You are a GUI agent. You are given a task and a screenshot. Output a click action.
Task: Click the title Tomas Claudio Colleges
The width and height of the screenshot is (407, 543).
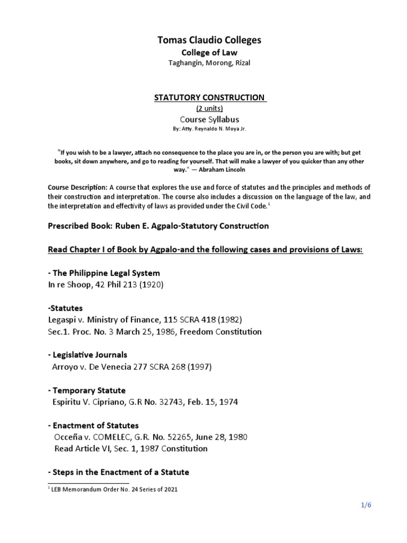[202, 40]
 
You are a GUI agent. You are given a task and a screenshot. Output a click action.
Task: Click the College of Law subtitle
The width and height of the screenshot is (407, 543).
[202, 52]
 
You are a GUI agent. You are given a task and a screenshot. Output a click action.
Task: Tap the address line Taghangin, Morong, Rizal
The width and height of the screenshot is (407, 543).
[202, 64]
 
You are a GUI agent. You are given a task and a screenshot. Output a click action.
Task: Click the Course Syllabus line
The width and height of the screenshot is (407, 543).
[202, 120]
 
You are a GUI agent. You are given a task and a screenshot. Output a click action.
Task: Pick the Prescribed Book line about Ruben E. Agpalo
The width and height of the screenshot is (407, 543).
[158, 226]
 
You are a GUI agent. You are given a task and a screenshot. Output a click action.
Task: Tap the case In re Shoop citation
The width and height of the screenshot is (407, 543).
[106, 285]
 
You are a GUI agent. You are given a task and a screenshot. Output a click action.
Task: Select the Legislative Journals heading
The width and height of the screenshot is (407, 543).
[87, 355]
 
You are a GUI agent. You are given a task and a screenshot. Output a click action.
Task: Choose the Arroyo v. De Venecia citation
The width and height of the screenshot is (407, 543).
[128, 366]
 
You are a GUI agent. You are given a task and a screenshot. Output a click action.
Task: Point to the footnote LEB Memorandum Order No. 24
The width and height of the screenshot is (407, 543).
[114, 489]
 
